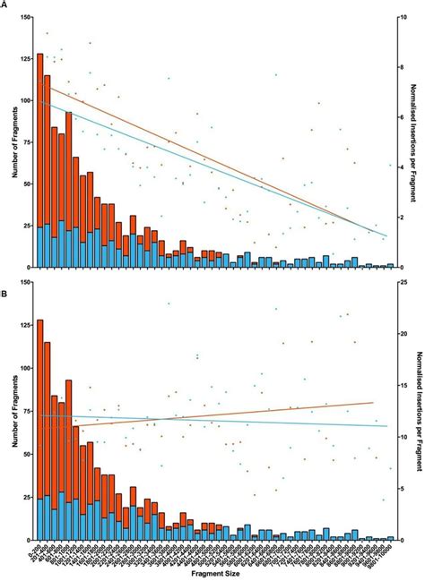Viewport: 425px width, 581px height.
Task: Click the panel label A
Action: (4, 5)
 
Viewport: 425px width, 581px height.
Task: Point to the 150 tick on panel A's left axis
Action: (26, 16)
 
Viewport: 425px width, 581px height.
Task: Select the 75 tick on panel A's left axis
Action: (28, 141)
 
